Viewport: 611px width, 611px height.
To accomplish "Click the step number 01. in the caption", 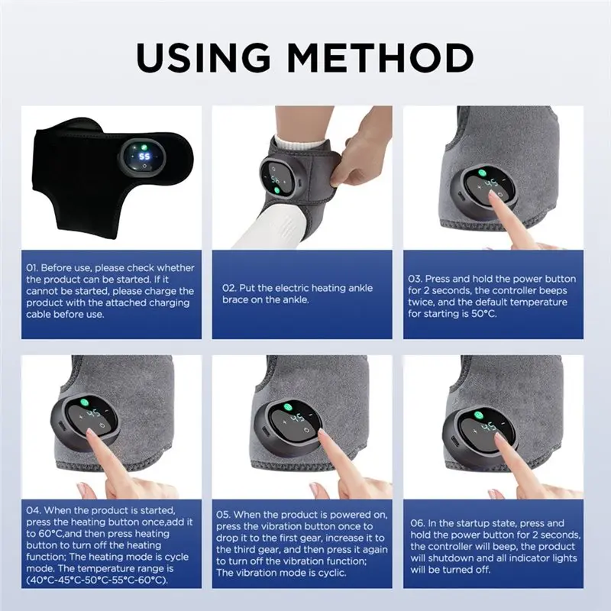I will [x=36, y=267].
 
